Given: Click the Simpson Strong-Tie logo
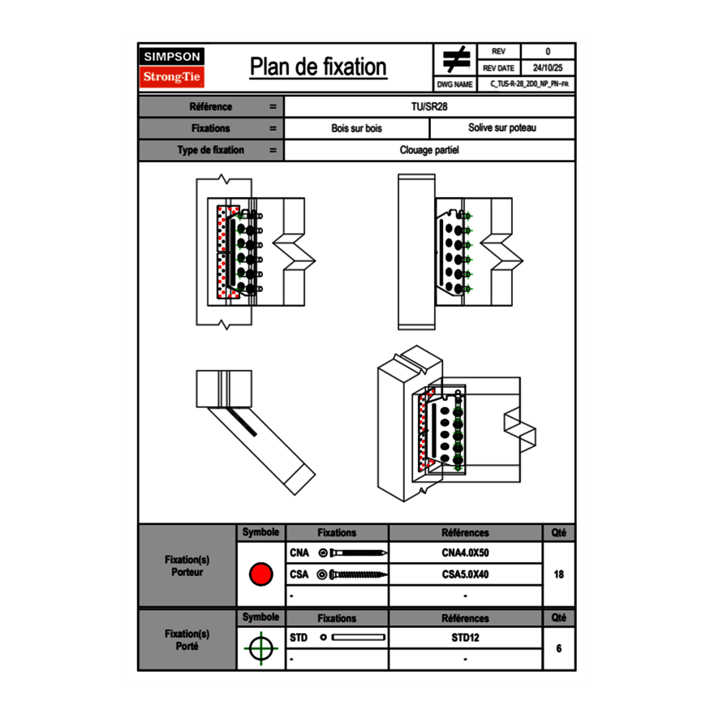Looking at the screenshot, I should click(x=172, y=67).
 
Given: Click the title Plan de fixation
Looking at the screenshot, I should click(x=317, y=67).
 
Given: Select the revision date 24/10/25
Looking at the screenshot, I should click(x=548, y=68).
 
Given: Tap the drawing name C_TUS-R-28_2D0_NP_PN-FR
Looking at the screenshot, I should click(x=528, y=84).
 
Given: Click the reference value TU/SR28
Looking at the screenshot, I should click(x=430, y=107).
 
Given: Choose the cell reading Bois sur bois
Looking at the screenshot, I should click(x=356, y=128).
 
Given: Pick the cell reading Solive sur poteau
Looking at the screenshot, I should click(x=501, y=128).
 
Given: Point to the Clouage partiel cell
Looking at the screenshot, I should click(x=430, y=150).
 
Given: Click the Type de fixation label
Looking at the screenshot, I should click(x=210, y=150).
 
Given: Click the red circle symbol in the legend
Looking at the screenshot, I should click(x=260, y=574).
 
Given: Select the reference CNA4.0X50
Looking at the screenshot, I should click(x=465, y=553).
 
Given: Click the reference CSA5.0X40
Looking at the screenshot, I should click(x=465, y=574).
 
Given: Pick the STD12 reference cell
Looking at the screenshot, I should click(x=465, y=638).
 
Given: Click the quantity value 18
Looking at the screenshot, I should click(x=558, y=574).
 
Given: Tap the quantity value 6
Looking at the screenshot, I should click(x=558, y=648).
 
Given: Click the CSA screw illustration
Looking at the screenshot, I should click(x=353, y=574).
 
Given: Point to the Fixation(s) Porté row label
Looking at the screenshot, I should click(x=187, y=640).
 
